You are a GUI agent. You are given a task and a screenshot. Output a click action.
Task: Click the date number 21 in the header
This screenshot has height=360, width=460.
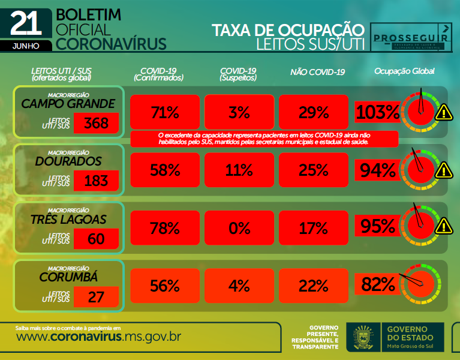point(26,23)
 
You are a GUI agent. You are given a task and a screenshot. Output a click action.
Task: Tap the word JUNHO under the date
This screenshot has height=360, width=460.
point(26,45)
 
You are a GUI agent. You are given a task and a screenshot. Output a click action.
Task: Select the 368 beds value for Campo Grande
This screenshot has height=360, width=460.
point(96,124)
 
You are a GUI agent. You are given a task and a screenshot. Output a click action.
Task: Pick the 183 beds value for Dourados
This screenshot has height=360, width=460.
point(96,181)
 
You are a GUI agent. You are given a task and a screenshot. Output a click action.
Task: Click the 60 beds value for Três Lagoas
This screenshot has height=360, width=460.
point(96,239)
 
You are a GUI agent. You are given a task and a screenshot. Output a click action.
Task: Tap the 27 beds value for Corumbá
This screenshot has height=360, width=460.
point(96,296)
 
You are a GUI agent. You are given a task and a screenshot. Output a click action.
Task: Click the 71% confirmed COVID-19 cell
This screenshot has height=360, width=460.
point(166,112)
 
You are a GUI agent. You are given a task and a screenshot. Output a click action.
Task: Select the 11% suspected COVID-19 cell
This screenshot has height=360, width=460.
point(239,170)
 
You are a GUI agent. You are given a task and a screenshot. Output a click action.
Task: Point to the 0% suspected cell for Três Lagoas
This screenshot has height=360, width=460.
point(239,228)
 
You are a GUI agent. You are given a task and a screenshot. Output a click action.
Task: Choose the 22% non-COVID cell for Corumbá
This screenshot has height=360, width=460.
point(314,286)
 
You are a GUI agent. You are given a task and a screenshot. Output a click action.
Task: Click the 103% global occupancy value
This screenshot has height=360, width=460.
point(377,112)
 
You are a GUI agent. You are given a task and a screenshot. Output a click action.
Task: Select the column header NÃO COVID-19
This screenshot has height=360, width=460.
point(317,73)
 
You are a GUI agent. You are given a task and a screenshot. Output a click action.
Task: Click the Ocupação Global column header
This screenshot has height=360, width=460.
point(404,71)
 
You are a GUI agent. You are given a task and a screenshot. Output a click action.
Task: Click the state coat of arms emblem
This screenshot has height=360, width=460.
point(363,338)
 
